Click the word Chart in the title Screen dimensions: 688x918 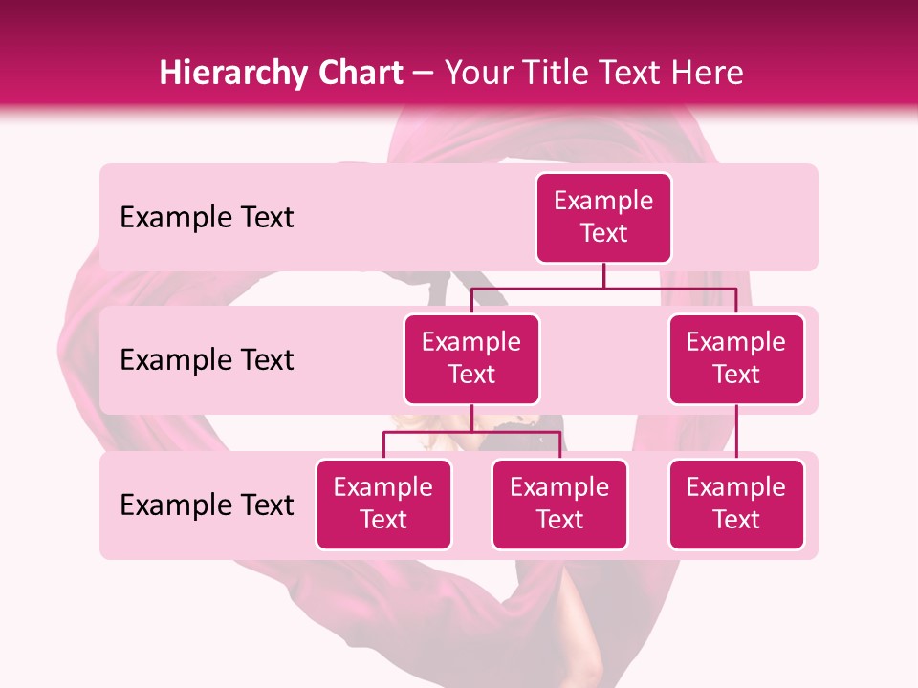[356, 74]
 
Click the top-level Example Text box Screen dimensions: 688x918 [603, 218]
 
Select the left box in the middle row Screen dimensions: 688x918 [471, 359]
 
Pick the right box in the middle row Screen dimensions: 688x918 [736, 359]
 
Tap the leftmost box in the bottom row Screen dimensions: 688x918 [383, 505]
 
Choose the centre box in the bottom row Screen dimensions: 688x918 [559, 505]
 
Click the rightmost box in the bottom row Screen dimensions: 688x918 [736, 505]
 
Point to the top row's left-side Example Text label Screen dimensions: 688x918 [207, 218]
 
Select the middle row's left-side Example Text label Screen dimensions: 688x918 [207, 360]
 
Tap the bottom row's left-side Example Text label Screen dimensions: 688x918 [207, 505]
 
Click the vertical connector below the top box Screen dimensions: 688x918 [603, 275]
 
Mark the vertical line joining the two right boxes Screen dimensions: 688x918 [736, 432]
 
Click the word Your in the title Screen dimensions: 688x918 [478, 74]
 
